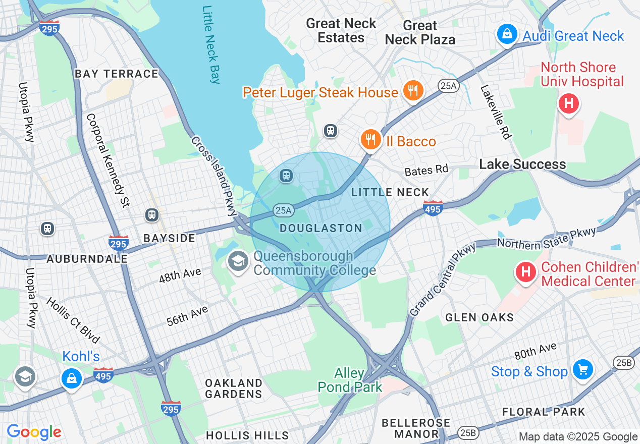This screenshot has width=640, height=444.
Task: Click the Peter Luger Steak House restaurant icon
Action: click(413, 91)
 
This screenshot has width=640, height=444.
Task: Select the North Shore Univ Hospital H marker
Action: click(568, 104)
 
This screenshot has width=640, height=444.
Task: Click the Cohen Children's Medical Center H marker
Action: click(525, 272)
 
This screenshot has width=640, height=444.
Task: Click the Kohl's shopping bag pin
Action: click(72, 377)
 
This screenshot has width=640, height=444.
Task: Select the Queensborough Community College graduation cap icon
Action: click(237, 261)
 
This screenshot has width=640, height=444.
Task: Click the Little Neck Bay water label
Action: click(211, 44)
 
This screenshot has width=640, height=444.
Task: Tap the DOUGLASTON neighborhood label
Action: click(321, 229)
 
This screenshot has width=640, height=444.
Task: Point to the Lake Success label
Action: click(522, 164)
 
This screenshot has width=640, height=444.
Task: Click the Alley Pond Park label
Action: click(350, 380)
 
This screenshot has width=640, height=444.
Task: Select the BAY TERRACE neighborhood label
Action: click(117, 74)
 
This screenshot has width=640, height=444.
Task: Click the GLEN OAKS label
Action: click(479, 317)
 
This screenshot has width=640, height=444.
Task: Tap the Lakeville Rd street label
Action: click(496, 112)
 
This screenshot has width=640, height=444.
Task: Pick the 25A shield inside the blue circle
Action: click(284, 209)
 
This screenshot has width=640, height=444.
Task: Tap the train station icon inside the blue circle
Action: click(286, 176)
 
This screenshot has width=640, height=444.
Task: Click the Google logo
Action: click(34, 432)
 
